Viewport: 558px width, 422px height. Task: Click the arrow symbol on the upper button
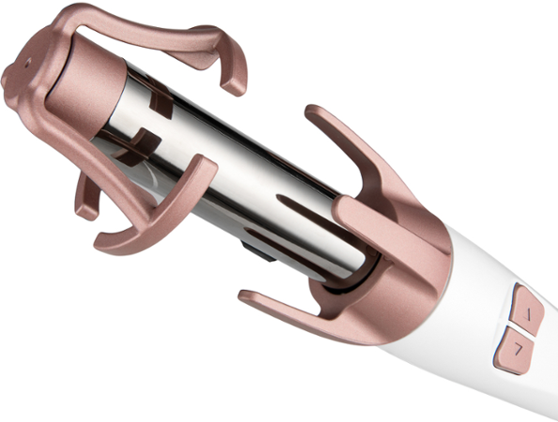(527, 312)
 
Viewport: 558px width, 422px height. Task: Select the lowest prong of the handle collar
(282, 305)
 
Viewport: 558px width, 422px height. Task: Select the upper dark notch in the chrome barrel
(160, 103)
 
